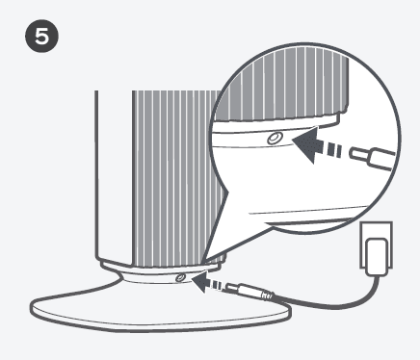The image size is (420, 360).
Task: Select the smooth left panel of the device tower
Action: (x=112, y=173)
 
